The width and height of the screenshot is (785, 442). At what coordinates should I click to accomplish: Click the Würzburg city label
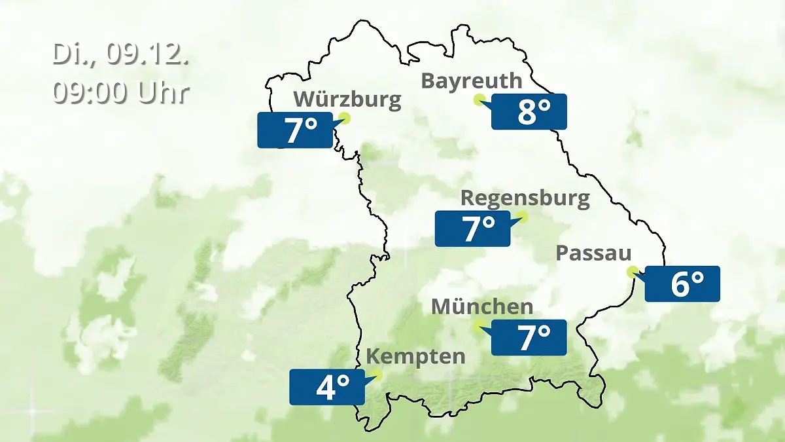point(347,100)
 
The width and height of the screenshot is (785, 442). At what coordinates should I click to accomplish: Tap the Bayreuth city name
point(472,81)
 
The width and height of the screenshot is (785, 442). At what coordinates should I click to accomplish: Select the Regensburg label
point(525,198)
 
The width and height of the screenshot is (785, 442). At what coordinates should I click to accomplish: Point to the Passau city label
point(594,253)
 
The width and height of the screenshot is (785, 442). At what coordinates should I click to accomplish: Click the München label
point(482,306)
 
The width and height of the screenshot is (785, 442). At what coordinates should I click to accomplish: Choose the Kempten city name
point(415,357)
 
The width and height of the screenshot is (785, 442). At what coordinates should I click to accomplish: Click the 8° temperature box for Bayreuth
point(529,111)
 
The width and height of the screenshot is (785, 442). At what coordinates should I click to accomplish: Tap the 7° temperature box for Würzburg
point(295,130)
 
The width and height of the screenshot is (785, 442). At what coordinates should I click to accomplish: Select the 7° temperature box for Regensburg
point(472,229)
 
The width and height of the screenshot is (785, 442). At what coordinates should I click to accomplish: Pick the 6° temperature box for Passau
point(682,284)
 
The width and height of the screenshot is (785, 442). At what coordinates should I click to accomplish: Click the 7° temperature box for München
point(529,338)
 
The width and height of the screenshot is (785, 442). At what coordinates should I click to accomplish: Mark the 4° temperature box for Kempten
point(326,387)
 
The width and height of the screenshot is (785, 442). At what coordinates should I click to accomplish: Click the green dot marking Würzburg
point(345,118)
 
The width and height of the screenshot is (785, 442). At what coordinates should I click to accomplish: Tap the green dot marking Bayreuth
point(479,100)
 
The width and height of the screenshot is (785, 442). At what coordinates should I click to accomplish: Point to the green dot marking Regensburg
point(522,216)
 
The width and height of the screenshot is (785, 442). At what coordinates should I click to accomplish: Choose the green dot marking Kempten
point(376,375)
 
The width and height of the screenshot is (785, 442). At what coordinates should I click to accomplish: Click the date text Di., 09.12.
point(121,54)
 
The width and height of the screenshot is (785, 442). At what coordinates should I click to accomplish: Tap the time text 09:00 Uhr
point(121,93)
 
